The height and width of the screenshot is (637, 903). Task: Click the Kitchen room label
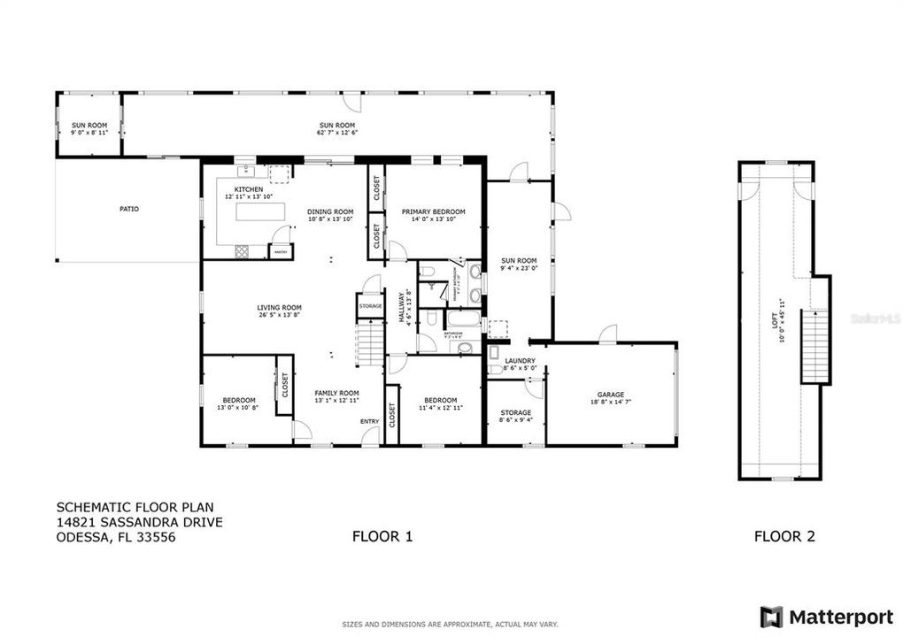point(248,190)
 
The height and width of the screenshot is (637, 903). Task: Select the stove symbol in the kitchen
point(243,251)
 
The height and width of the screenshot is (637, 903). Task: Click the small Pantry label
point(280,252)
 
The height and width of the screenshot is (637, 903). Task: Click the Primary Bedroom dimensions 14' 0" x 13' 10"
point(433,219)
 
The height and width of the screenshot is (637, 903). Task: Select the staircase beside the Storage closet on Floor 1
point(367,342)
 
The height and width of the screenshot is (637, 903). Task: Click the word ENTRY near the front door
point(369,421)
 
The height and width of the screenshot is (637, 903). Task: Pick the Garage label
point(611,395)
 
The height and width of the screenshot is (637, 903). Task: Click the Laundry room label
point(520,361)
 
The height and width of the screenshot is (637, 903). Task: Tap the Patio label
point(129,209)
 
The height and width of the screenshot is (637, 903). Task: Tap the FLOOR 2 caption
point(784,535)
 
